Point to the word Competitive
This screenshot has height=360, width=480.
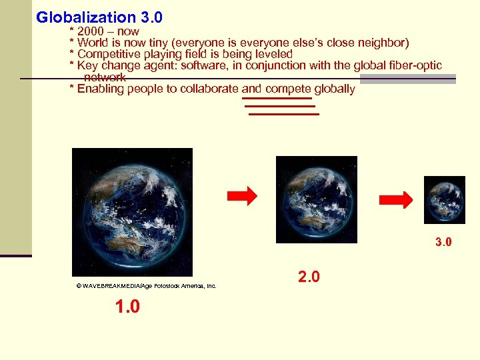[x=110, y=54]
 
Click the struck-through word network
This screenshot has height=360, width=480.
[x=105, y=78]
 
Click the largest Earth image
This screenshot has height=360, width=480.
[x=132, y=212]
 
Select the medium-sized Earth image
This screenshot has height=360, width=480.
[x=316, y=199]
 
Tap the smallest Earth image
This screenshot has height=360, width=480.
[x=445, y=199]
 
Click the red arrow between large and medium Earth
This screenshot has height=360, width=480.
[x=242, y=196]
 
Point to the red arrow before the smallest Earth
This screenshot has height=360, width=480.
[x=397, y=199]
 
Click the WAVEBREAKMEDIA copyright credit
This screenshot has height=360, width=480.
[x=147, y=285]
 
